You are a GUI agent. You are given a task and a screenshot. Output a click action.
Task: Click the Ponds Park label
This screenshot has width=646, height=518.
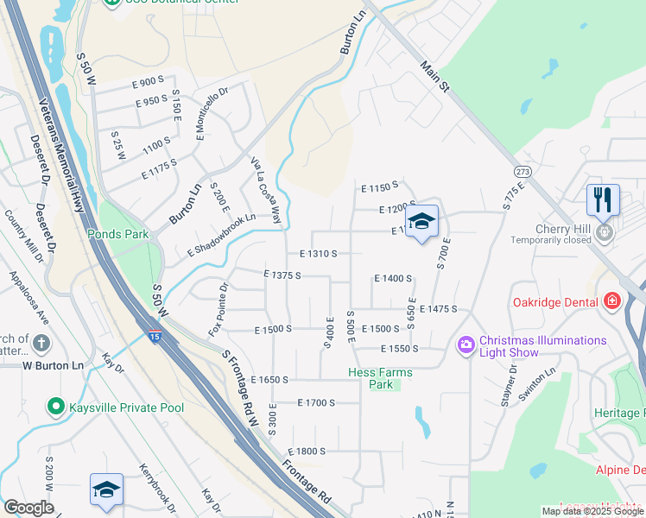tap(117, 234)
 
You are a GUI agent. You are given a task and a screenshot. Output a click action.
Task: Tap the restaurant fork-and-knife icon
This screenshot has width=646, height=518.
tap(603, 199)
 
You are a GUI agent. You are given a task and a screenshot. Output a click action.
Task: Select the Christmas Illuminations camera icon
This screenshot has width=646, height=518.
tap(466, 345)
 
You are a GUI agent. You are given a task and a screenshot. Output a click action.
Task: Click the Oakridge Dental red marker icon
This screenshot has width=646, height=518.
tap(612, 301)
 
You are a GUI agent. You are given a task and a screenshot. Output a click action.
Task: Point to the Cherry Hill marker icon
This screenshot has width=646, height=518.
tap(605, 231)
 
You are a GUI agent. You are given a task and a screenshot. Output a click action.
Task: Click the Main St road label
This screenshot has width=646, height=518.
tap(436, 77)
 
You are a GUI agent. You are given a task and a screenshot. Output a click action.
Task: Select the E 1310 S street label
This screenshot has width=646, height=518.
tap(318, 254)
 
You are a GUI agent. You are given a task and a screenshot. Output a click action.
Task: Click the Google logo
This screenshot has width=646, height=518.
tap(28, 507)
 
